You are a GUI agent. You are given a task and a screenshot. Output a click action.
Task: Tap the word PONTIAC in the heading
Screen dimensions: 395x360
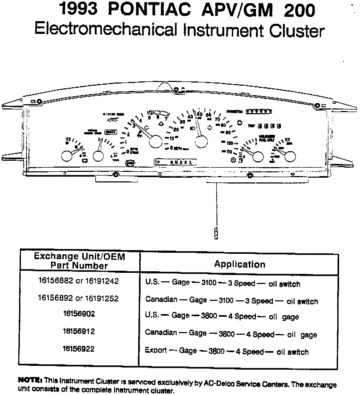tap(149, 10)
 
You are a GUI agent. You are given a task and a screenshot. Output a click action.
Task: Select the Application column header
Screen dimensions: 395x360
tap(240, 264)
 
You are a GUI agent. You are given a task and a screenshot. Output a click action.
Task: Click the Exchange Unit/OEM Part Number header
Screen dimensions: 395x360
tap(79, 261)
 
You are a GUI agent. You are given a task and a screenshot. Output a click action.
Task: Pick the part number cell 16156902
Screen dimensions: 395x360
tap(79, 314)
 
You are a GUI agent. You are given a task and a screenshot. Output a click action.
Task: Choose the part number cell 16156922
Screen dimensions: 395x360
tap(79, 349)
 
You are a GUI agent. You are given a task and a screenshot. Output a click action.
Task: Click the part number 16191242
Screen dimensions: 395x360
tap(102, 281)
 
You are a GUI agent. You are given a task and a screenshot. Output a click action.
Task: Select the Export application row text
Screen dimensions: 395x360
tap(227, 351)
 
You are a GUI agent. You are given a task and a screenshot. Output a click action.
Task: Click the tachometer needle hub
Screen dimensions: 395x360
tap(155, 141)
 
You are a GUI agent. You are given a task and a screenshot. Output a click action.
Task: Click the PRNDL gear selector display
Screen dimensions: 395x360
tap(176, 162)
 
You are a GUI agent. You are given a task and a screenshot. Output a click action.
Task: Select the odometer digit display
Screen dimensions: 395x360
tap(259, 112)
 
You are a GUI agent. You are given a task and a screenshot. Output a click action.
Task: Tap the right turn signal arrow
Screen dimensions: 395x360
tap(210, 128)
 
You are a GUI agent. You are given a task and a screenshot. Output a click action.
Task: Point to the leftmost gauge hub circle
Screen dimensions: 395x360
tap(66, 156)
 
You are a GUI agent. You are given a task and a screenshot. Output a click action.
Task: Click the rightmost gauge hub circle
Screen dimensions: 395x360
tap(290, 156)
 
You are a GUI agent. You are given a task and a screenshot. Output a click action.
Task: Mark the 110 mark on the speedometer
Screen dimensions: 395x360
tap(229, 152)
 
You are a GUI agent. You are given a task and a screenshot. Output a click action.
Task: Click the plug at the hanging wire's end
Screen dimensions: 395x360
tap(216, 232)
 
